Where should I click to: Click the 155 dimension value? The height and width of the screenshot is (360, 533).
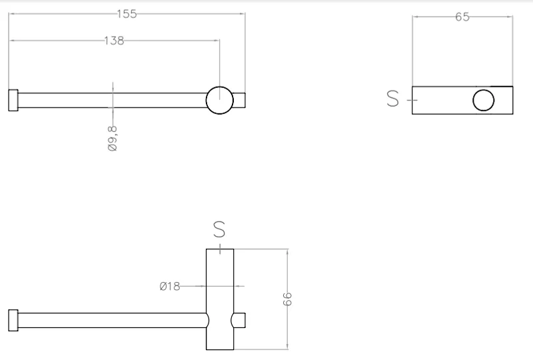click(x=127, y=14)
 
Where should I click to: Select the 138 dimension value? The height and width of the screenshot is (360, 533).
click(x=114, y=41)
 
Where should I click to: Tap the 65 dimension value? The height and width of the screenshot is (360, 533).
click(x=462, y=17)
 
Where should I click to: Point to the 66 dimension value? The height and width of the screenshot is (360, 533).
click(x=288, y=299)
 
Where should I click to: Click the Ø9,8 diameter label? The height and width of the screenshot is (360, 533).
click(x=113, y=139)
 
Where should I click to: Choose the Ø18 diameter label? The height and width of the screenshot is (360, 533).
click(x=170, y=286)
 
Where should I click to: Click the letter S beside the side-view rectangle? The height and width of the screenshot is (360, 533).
click(x=392, y=99)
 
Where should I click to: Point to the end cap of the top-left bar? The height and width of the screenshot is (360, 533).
click(x=13, y=100)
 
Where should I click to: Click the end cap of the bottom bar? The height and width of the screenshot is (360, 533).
click(x=13, y=320)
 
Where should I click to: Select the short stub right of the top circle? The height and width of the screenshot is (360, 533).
click(x=239, y=100)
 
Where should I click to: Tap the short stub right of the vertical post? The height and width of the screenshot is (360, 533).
click(x=239, y=320)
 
